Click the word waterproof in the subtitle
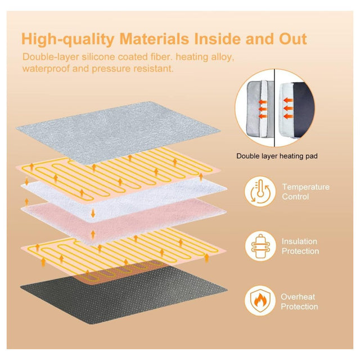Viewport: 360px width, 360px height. (46, 69)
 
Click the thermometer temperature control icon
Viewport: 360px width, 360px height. (260, 191)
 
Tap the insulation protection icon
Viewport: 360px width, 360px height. (260, 246)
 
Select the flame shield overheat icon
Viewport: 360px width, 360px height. (260, 301)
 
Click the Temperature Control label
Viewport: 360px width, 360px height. (305, 192)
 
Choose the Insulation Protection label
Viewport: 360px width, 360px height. (300, 246)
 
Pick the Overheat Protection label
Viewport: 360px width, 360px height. (299, 301)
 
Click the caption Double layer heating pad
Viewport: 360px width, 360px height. (277, 156)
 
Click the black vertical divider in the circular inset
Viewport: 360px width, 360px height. (274, 107)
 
